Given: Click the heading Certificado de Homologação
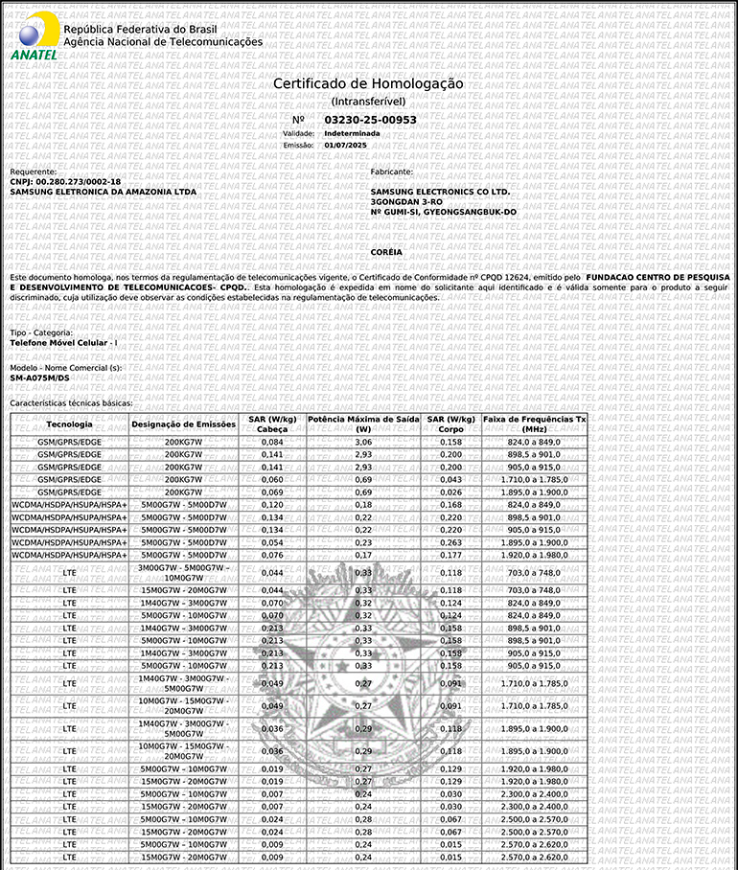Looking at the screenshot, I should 368,83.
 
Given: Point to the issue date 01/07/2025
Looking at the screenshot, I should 345,145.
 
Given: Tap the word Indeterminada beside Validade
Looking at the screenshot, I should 351,133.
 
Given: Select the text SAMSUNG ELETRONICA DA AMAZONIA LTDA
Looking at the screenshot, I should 103,192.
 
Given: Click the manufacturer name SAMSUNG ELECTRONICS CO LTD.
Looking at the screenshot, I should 440,192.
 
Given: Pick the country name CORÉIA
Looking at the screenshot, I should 386,251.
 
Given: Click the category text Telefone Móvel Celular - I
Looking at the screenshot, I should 63,342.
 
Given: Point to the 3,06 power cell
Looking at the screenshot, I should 363,442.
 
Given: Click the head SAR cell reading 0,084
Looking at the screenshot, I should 272,442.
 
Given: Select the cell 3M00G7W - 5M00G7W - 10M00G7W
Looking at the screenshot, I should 183,572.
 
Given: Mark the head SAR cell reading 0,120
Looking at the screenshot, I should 272,504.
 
